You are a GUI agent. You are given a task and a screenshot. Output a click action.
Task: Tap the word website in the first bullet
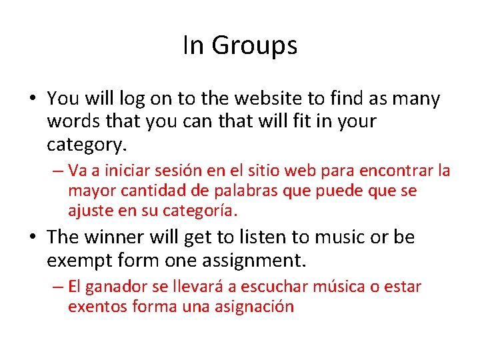click(267, 99)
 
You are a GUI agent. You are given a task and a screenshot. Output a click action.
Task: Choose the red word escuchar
click(259, 287)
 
